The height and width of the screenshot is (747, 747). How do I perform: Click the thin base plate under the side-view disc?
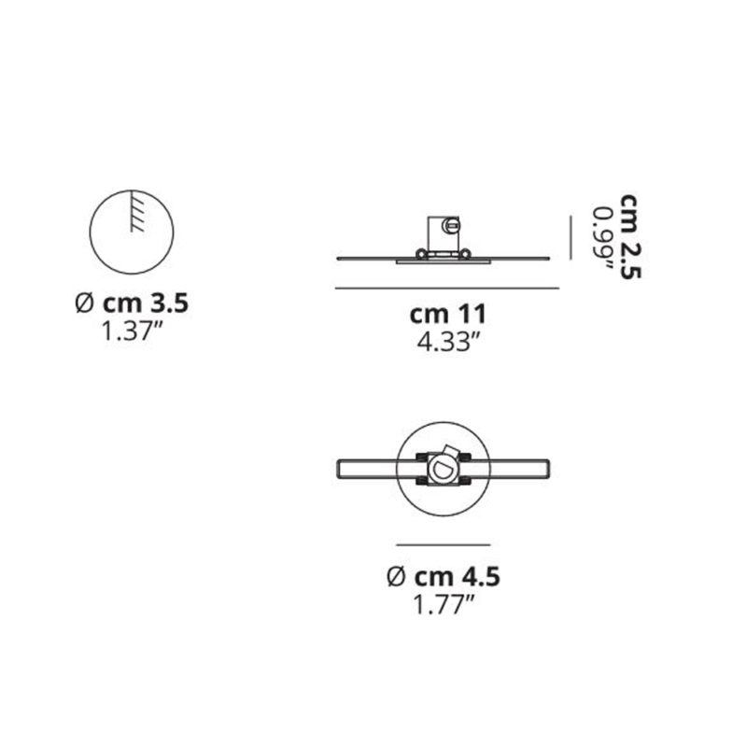[x=443, y=262]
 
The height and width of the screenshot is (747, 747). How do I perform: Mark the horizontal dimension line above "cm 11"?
[x=446, y=288]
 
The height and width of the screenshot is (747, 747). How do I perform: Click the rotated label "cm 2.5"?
[x=632, y=237]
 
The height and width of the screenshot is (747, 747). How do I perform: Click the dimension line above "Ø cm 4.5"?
[x=444, y=543]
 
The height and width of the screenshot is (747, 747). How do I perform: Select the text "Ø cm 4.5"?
[x=444, y=577]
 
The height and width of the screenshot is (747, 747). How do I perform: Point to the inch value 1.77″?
[x=444, y=604]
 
